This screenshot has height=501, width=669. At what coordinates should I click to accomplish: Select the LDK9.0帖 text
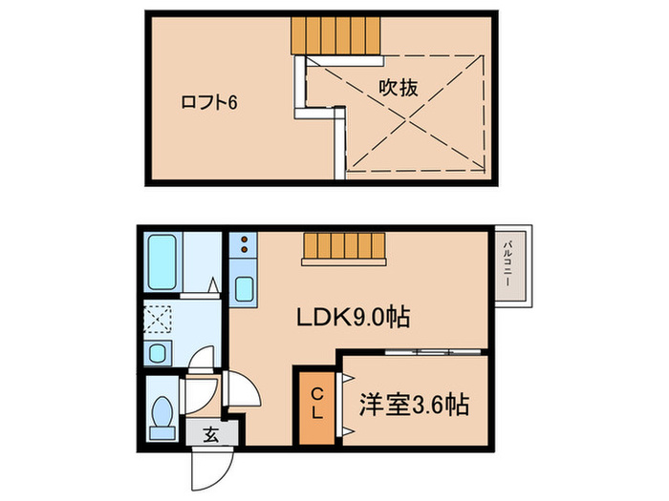[x=359, y=317]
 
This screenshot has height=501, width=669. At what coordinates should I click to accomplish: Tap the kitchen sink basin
[x=242, y=287]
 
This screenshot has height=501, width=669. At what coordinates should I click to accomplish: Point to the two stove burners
[x=242, y=246]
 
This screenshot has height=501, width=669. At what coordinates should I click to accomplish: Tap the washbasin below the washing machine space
[x=158, y=351]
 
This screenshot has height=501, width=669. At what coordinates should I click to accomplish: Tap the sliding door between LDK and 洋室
[x=416, y=352]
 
